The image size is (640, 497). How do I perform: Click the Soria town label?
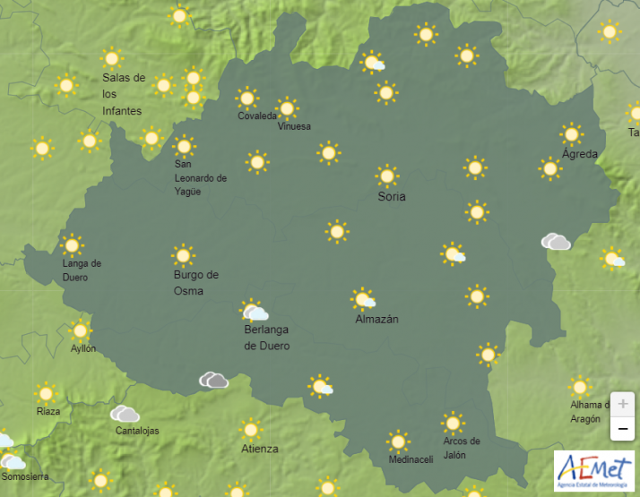392,196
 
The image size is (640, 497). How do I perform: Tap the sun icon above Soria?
387,176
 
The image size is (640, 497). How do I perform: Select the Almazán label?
376,319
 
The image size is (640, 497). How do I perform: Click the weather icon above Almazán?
364,299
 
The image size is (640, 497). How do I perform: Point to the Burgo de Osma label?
195,283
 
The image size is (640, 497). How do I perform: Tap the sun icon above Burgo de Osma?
183,256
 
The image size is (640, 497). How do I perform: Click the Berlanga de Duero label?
267,338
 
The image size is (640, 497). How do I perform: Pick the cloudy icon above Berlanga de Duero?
255,312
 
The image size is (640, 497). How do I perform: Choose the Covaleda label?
257,116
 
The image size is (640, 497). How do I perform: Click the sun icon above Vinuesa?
287,108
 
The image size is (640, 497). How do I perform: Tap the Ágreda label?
579,154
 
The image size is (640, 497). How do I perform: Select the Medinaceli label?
411,459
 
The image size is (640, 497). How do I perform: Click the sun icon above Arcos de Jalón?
454,423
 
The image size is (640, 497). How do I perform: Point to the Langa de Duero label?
82,270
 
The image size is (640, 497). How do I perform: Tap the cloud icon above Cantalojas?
125,414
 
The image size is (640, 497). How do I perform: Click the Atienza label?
259,449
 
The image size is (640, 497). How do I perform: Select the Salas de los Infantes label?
123,94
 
